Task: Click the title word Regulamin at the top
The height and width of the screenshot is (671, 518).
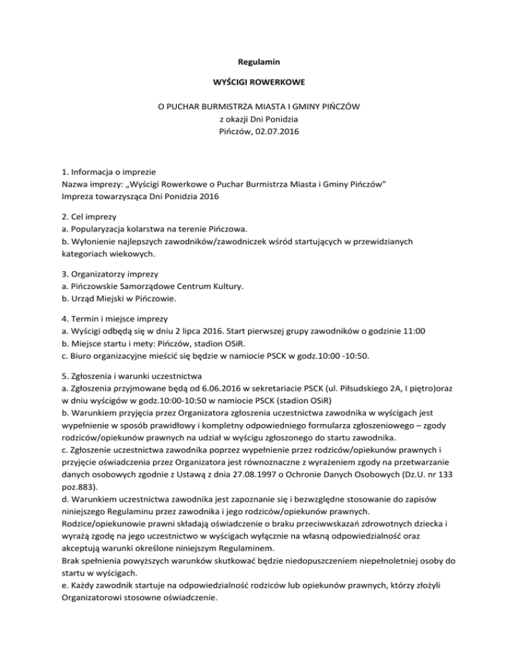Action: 259,62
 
